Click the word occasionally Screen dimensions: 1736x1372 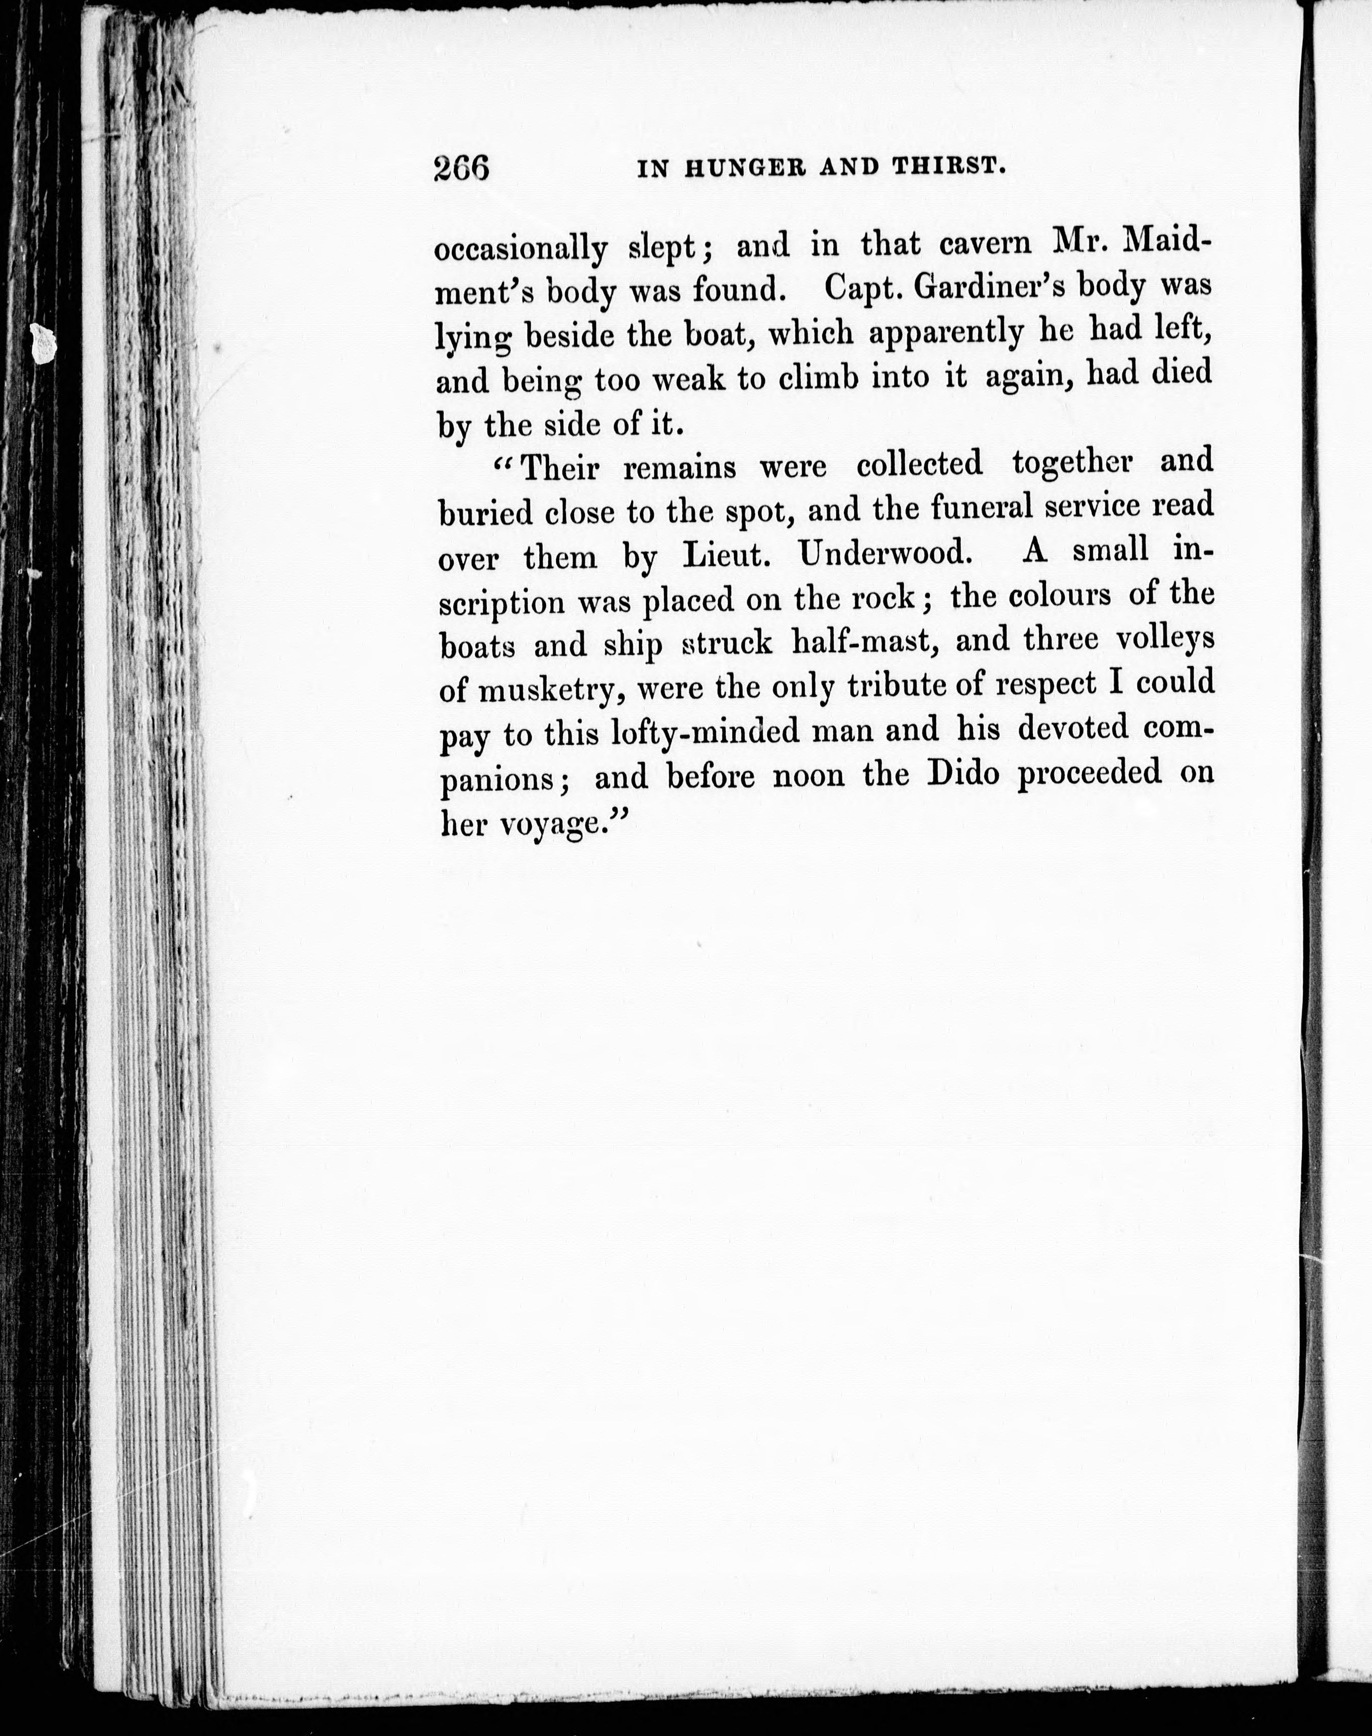click(x=520, y=250)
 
